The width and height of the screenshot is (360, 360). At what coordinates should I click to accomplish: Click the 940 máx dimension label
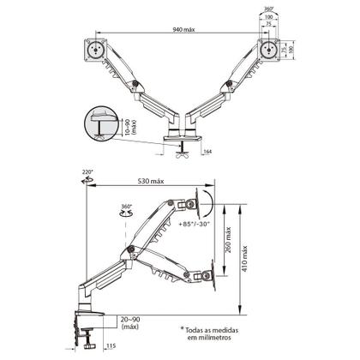coord(183,29)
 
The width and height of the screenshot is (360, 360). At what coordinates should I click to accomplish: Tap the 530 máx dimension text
coord(151,181)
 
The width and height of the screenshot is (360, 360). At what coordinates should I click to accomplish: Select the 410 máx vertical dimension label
coord(245,259)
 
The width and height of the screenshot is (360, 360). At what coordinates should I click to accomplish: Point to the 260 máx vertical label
coord(228,240)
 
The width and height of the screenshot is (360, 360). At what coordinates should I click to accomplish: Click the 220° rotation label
coord(87,172)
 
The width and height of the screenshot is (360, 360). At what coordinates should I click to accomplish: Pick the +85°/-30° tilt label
coord(195,224)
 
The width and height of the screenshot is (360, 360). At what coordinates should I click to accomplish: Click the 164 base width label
coord(207,152)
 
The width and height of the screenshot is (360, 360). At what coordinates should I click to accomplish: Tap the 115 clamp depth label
coord(111,346)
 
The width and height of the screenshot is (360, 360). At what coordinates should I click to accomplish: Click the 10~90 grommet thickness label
coord(128,127)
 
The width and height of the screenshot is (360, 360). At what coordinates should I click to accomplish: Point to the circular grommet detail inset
coord(101,123)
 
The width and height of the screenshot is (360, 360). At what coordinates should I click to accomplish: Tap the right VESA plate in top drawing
coord(268,50)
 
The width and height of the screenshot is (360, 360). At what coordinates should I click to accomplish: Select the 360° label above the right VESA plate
coord(268,9)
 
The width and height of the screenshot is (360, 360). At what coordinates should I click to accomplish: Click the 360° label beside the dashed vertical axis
coord(126,207)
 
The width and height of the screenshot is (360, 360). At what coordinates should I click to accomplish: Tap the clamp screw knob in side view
coord(89,346)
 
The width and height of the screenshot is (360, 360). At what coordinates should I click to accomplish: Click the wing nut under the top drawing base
coord(183,155)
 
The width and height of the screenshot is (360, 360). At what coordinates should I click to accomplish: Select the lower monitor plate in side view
coord(213,275)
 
